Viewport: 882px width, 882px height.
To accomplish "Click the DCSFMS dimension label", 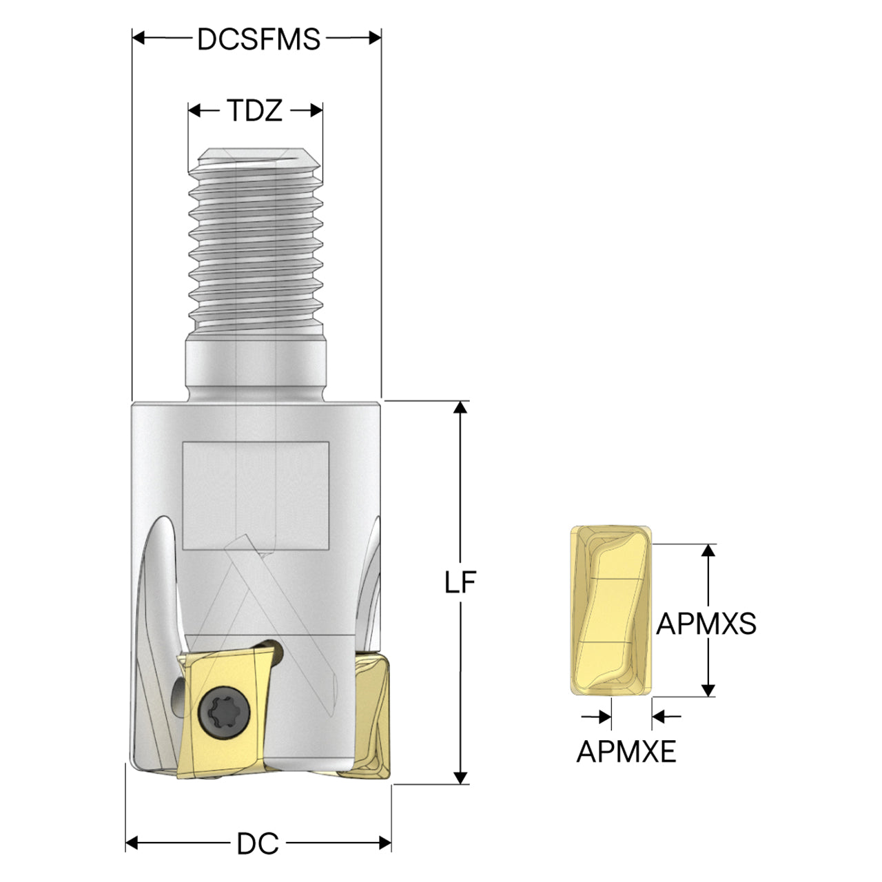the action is (x=258, y=39).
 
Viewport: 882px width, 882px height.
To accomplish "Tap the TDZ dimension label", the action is (x=255, y=111).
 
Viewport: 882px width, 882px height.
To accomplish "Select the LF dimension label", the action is (x=460, y=582).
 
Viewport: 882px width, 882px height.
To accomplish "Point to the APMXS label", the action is (x=706, y=624).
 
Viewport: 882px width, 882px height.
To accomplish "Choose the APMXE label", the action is (x=626, y=752).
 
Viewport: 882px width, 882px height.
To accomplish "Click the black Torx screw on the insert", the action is (x=225, y=712).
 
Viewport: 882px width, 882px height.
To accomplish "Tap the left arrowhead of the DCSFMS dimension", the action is (x=139, y=38).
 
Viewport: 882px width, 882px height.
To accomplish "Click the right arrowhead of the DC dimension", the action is (x=385, y=842).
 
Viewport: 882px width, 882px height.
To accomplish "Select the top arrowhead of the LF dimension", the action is (x=460, y=407).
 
